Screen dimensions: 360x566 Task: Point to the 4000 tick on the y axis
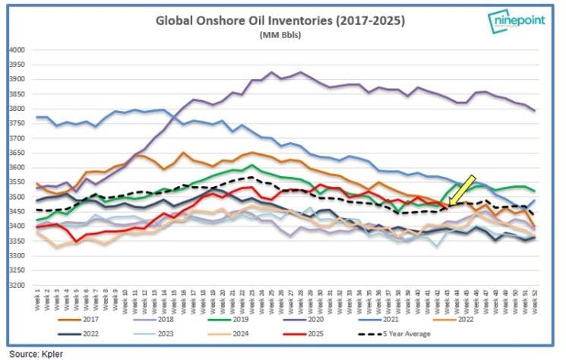tap(16, 50)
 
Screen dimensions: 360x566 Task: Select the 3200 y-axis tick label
tap(16, 286)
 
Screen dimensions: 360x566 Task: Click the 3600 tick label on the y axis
tap(16, 168)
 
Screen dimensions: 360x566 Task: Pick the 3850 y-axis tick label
tap(16, 94)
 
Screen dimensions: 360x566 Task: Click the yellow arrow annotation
tap(461, 189)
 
